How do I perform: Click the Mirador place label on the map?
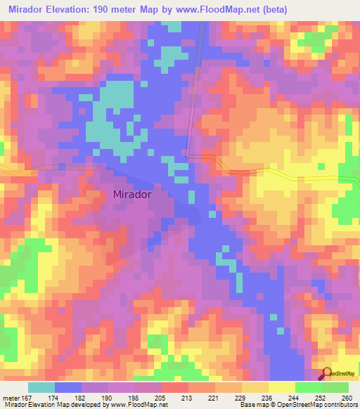pos(132,196)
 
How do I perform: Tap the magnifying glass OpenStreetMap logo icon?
pos(327,373)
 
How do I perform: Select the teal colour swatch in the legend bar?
pos(41,387)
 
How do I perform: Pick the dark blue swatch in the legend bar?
pos(68,387)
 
